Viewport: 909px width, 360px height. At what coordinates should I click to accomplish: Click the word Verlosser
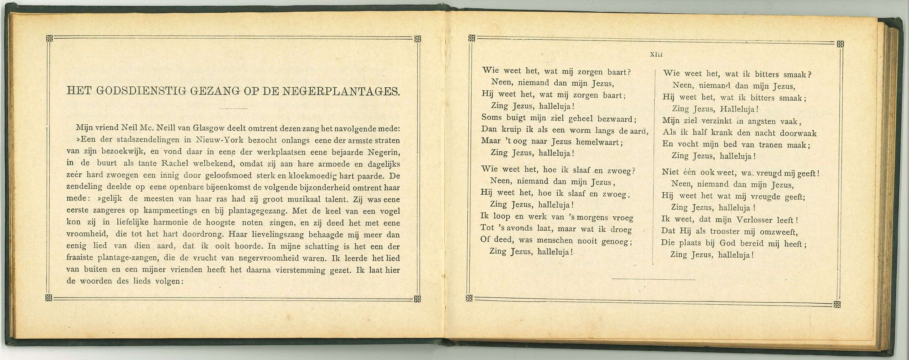pyautogui.click(x=755, y=220)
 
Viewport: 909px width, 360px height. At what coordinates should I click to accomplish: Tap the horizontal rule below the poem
pyautogui.click(x=653, y=279)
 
